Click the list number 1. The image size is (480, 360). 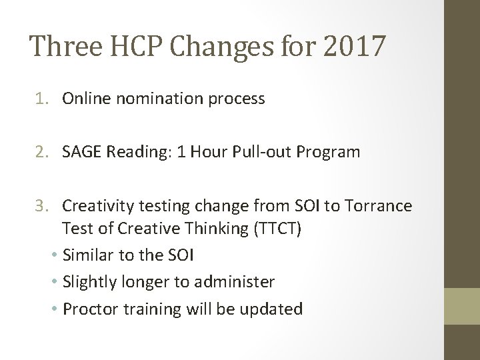41,99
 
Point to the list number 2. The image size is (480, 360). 41,152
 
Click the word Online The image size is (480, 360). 83,99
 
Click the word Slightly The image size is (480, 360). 89,282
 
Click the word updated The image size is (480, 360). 276,309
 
